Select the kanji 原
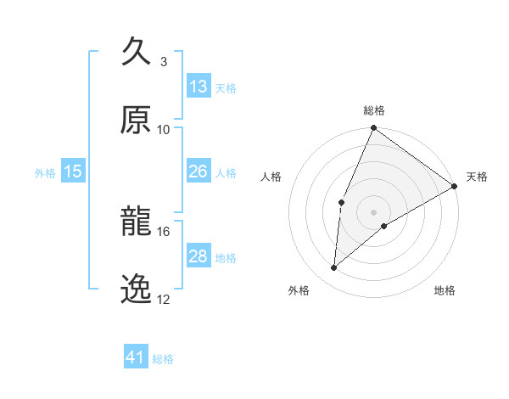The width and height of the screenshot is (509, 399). click(x=137, y=120)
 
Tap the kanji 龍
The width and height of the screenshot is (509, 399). click(x=137, y=222)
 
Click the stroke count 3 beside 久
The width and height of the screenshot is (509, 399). click(x=164, y=61)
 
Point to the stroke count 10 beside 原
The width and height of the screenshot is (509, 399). click(x=164, y=129)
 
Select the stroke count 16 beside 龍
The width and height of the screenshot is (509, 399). click(x=164, y=231)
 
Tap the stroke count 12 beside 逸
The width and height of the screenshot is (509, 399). click(x=164, y=299)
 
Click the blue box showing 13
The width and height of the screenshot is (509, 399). click(x=199, y=87)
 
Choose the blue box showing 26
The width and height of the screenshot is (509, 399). click(x=199, y=171)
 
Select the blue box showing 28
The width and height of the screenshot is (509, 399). click(x=199, y=256)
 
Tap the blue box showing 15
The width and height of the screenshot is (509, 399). click(x=73, y=171)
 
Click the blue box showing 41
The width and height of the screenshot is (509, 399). click(x=136, y=357)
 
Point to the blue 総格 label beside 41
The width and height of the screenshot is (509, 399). click(x=163, y=359)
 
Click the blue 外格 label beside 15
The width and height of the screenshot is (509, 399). click(x=45, y=173)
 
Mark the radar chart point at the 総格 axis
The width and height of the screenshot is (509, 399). click(x=373, y=129)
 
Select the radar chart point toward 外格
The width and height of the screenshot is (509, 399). click(x=334, y=267)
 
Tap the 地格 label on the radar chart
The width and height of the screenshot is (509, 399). click(x=445, y=291)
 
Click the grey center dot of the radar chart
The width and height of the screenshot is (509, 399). click(x=373, y=212)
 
